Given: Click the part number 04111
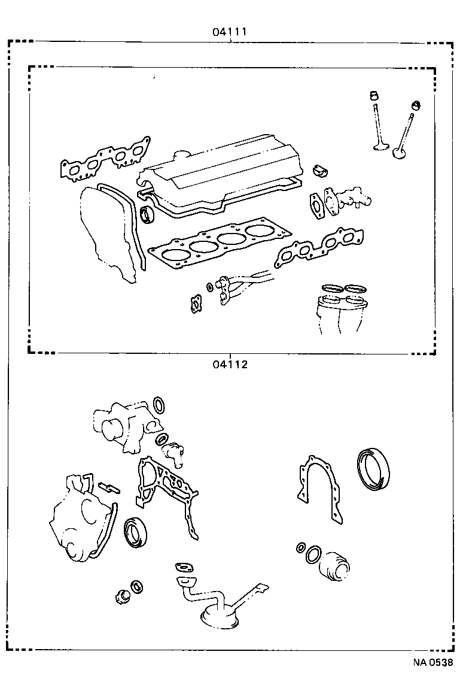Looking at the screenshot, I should pos(229,32).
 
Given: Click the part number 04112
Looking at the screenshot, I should pos(229,363).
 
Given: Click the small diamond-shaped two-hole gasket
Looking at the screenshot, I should pos(194,304).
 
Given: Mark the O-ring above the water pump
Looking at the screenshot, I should pos(160,405).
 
